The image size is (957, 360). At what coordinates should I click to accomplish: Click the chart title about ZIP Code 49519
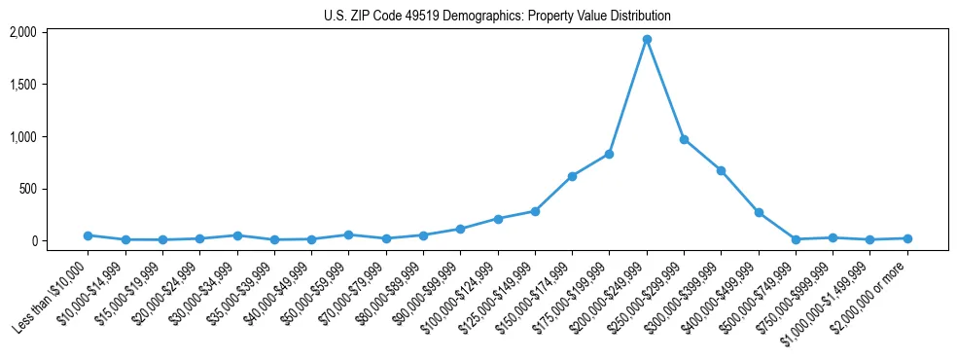[497, 17]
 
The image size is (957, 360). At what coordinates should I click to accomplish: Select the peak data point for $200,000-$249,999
[647, 40]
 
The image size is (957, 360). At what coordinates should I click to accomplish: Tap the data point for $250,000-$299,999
[684, 139]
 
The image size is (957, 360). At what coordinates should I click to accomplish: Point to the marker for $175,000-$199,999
[609, 154]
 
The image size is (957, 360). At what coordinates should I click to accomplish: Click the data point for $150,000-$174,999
[572, 176]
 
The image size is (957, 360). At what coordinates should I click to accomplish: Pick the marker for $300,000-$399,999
[721, 170]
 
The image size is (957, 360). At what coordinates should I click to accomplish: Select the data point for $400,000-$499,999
[759, 212]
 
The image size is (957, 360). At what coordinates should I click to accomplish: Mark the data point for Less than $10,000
[88, 235]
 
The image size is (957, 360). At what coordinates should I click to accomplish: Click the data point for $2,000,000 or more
[907, 238]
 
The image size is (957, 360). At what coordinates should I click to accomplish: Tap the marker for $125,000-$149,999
[535, 211]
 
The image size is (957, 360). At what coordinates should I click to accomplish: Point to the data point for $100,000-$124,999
[498, 219]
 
